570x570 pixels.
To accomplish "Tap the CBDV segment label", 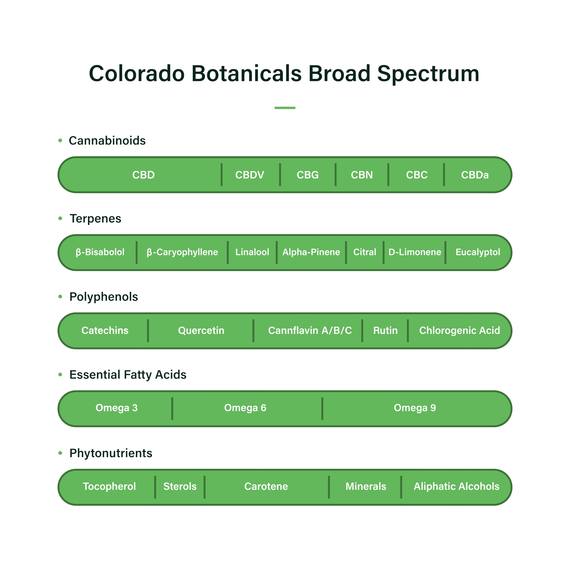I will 250,175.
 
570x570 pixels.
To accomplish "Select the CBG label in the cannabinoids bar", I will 308,175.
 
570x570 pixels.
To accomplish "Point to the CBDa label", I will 475,175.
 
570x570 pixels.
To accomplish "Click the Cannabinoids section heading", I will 107,141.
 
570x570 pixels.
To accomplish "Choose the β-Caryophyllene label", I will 182,252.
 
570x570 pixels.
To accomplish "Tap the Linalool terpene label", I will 252,252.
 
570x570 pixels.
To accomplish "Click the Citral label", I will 365,252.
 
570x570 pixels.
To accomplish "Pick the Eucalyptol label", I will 478,252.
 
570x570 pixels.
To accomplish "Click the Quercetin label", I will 201,330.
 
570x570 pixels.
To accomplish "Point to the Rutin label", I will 385,330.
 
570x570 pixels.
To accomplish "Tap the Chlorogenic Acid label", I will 459,330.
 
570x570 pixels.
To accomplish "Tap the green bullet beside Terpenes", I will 60,218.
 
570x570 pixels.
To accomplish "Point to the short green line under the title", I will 285,108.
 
